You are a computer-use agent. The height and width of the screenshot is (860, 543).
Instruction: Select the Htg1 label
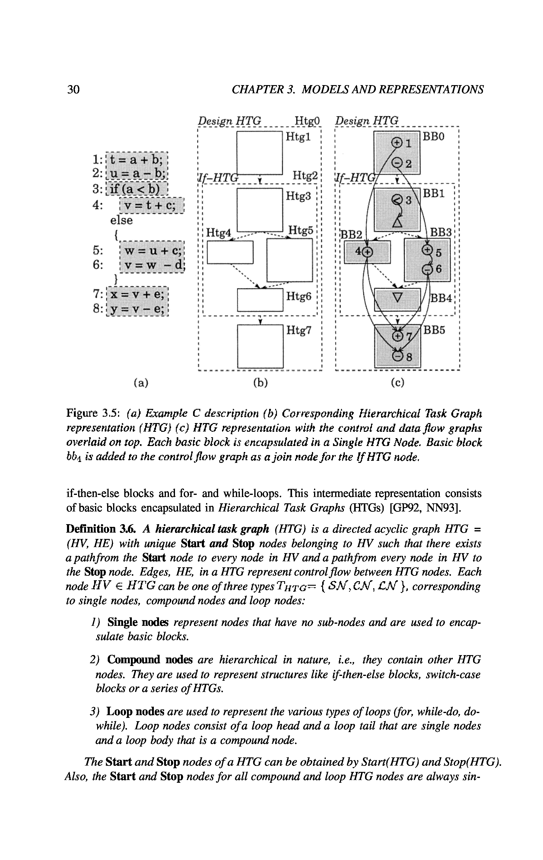(298, 138)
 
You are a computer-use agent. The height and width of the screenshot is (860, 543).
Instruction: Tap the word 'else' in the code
(121, 220)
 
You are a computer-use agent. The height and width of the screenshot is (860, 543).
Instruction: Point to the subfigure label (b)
(260, 383)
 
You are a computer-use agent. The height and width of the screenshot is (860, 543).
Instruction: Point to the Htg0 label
(308, 121)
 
